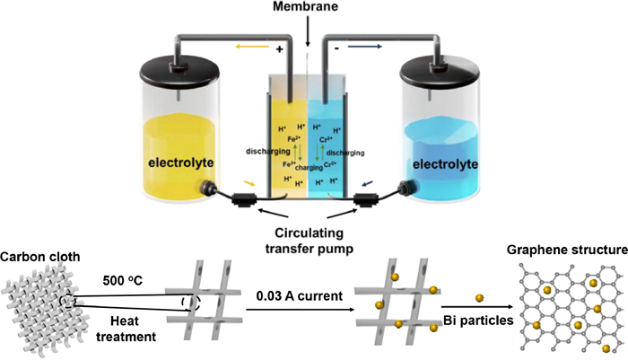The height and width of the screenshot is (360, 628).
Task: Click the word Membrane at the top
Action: tap(308, 8)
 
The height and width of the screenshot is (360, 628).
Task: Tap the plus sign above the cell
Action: tap(279, 50)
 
